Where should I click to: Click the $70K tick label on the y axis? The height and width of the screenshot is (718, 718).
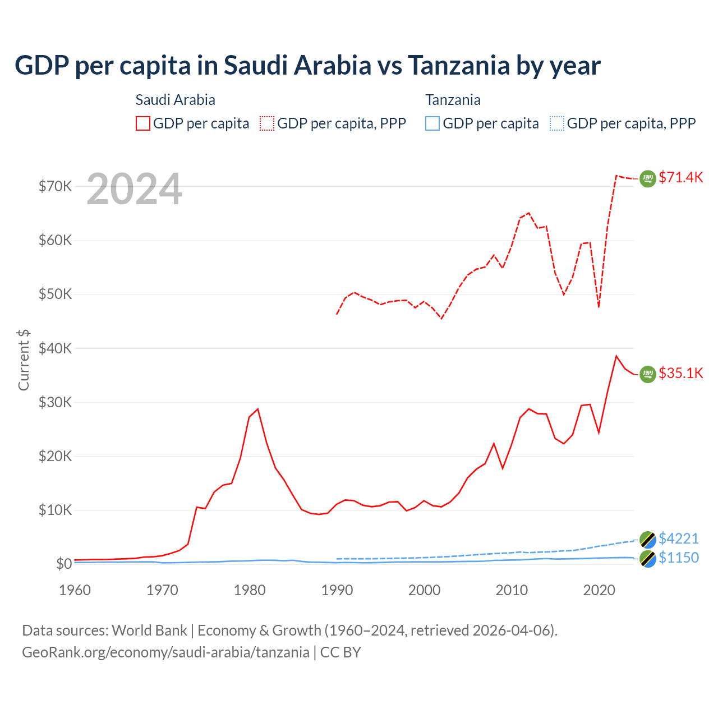[55, 186]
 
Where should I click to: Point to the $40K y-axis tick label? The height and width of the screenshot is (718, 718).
[55, 348]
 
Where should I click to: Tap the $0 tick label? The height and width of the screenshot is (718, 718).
[64, 564]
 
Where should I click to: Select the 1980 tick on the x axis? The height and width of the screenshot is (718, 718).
[250, 590]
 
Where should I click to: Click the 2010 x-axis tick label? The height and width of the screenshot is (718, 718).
[512, 590]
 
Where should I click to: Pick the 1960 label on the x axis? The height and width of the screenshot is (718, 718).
[75, 590]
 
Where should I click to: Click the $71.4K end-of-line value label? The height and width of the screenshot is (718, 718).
[680, 177]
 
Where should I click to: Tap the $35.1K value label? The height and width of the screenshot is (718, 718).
[680, 373]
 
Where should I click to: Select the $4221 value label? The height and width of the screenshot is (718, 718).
[679, 538]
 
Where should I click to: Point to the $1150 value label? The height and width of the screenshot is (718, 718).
[679, 558]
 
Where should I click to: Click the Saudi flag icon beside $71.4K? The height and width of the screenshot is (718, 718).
[648, 178]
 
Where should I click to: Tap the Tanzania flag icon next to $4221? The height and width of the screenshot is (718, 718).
[648, 539]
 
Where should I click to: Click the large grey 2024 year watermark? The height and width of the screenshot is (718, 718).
[135, 189]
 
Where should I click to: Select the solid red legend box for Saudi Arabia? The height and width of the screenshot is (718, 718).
[143, 123]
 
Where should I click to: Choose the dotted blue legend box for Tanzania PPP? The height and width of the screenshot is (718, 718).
[557, 123]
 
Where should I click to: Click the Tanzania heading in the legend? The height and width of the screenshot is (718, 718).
[453, 100]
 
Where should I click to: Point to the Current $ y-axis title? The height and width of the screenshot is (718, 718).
[24, 360]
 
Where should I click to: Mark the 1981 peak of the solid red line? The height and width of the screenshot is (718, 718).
[257, 409]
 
